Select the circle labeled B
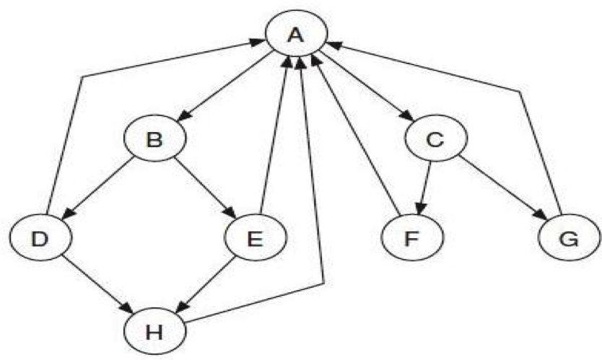point(154,140)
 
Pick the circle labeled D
point(40,237)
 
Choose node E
point(256,237)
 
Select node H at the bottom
point(154,333)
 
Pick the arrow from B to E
point(206,188)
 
